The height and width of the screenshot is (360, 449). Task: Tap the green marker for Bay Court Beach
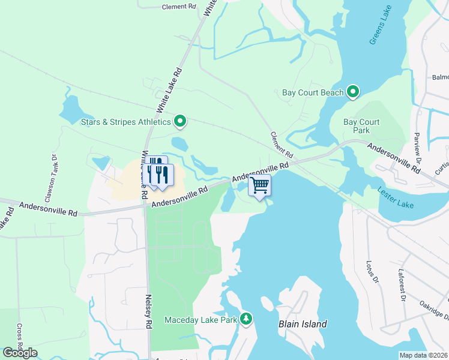point(353,92)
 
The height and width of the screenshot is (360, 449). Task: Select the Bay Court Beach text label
point(313,92)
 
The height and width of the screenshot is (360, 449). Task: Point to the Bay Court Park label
point(361,126)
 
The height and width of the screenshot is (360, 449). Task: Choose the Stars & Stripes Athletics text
point(126,122)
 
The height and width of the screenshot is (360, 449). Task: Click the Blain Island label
point(303,324)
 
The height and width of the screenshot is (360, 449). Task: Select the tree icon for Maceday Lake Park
point(246,318)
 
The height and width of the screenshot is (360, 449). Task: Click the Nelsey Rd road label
point(147,310)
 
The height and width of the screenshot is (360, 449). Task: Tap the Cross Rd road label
point(20,340)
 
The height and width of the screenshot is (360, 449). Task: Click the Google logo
point(20,352)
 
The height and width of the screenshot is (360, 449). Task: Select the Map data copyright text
point(423,355)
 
